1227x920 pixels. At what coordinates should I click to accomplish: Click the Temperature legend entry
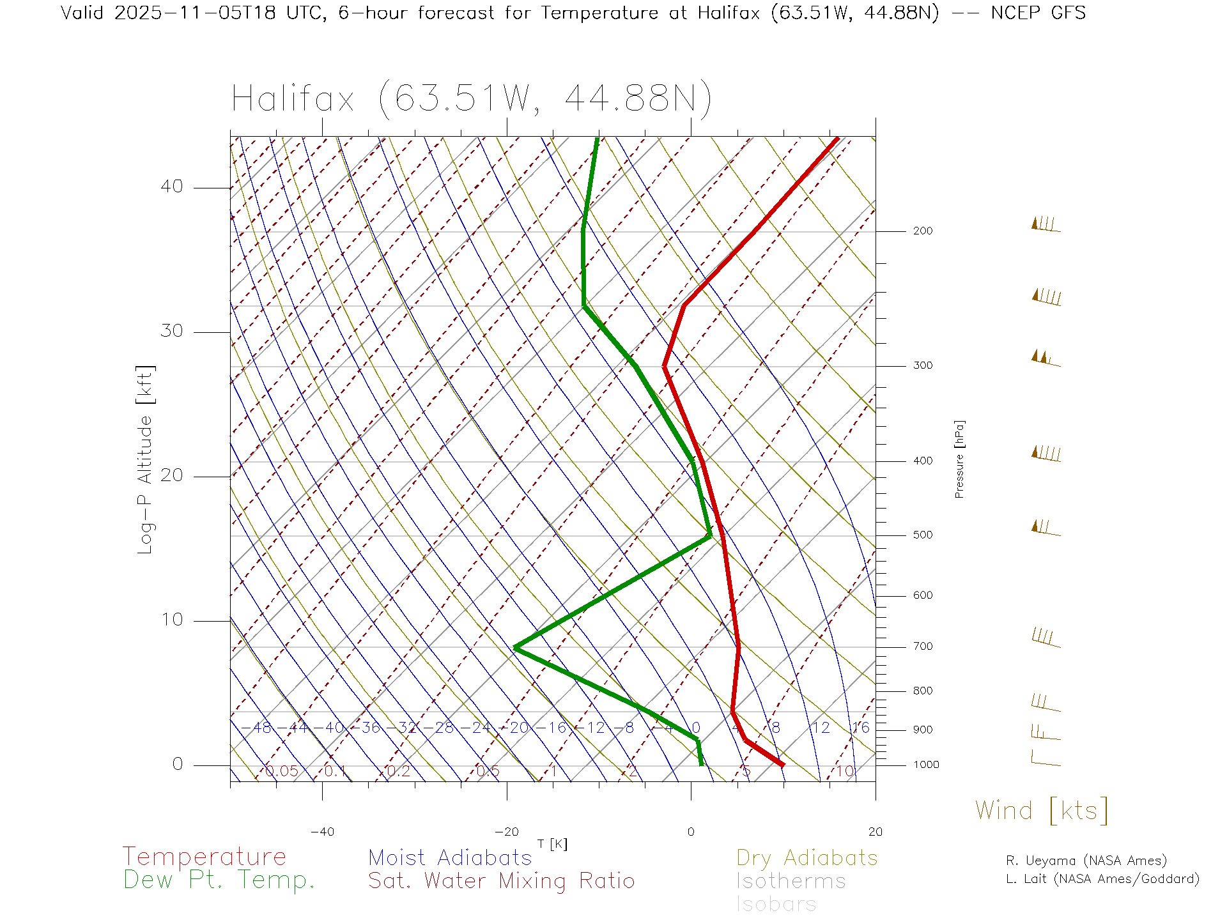coord(204,856)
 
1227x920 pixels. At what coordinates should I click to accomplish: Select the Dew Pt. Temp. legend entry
coord(219,880)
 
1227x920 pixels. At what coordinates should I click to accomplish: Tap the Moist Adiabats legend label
coord(450,857)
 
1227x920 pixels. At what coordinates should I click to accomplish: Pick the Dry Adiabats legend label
coord(807,857)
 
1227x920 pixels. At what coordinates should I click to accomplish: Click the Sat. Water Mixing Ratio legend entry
coord(501,880)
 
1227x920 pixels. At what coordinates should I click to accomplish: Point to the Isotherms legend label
coord(791,881)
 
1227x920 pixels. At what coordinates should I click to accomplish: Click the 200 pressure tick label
coord(922,231)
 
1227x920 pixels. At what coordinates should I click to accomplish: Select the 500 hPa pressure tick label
coord(922,535)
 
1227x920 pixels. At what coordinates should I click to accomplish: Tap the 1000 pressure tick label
coord(925,765)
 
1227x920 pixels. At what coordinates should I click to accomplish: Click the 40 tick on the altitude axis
coord(171,187)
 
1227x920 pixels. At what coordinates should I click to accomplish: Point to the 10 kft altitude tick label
coord(171,619)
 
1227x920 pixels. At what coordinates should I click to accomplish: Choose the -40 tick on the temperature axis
coord(322,832)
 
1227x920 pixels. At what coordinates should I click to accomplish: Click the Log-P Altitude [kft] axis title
coord(146,459)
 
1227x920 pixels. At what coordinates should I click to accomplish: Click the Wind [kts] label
coord(1041,810)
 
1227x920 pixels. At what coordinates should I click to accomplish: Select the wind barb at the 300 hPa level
coord(1046,359)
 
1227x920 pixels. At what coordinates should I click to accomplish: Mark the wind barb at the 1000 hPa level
coord(1046,759)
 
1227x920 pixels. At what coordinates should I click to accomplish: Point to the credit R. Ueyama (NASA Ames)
coord(1086,861)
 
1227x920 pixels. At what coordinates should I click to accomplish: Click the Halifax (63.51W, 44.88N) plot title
coord(472,99)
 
